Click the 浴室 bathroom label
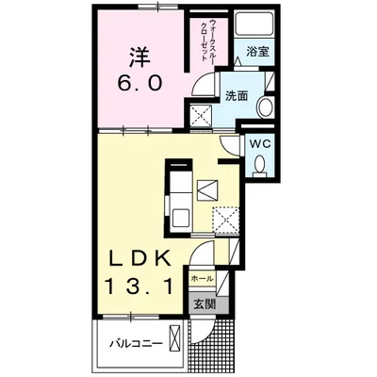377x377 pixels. coord(257,52)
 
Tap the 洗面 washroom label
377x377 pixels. coord(237,96)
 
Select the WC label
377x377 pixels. coord(260,143)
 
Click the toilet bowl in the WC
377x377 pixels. coord(259,165)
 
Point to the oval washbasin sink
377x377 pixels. coord(265,107)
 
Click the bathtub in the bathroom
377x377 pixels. coord(254,25)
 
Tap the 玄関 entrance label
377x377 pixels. coord(205,303)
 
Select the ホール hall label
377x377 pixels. coord(203,278)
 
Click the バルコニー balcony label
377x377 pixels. coord(137,343)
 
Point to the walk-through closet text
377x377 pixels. coord(208,41)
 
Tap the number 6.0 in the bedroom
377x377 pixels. coord(140,83)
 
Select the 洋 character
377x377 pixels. coord(139,57)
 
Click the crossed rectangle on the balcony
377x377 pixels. coord(175,337)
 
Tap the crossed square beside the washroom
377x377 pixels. coord(202,116)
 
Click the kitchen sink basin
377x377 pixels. coord(180,218)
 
